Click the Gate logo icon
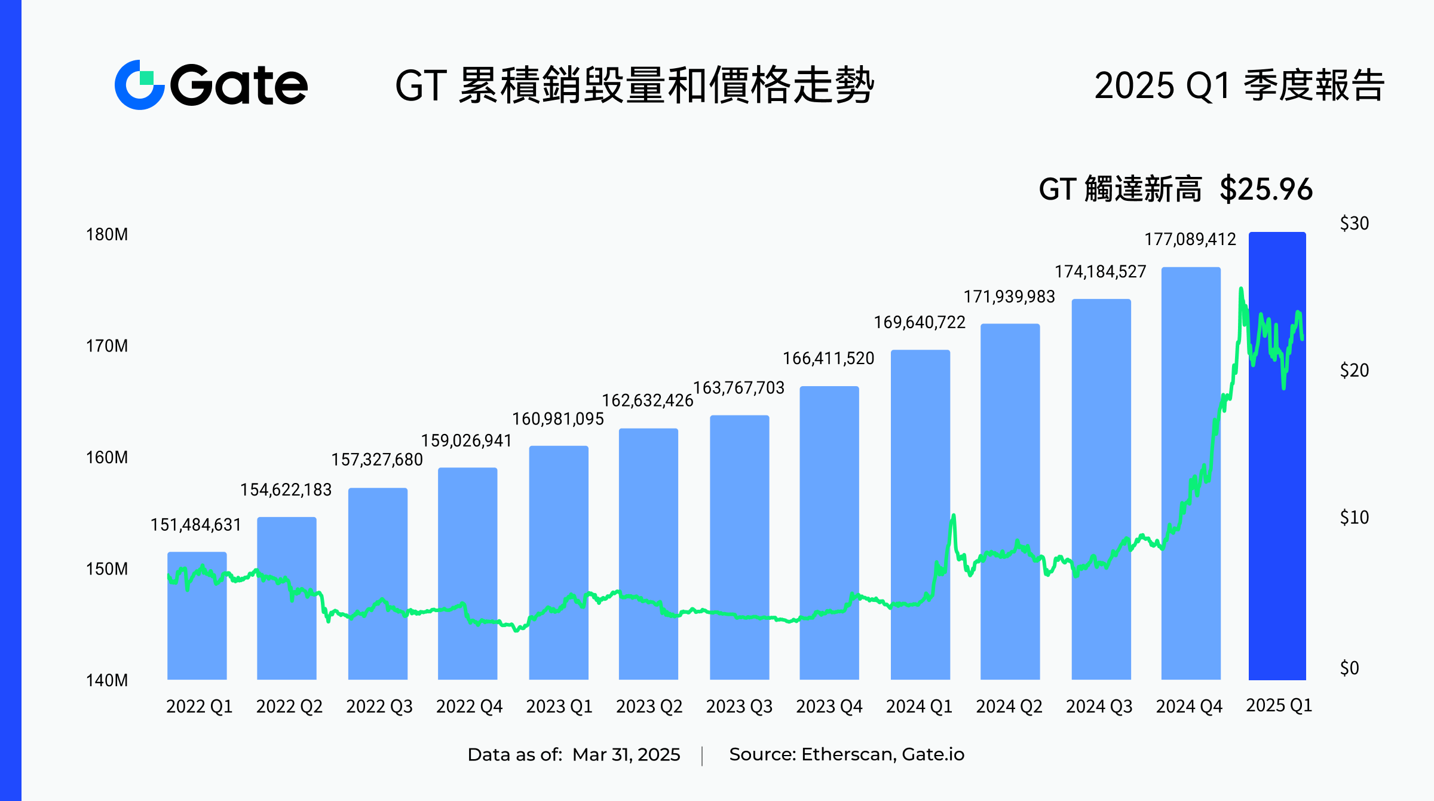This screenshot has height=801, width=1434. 139,85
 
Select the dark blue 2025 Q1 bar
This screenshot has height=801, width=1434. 1277,478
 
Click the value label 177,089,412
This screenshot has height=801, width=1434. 1190,240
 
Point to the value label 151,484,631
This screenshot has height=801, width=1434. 195,525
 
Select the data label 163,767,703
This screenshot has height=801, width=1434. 739,388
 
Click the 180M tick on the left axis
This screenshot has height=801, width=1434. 107,234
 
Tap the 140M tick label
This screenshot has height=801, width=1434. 107,680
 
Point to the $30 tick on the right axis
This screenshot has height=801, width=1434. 1354,224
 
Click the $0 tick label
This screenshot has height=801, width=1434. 1349,668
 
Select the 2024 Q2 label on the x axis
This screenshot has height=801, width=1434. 1009,707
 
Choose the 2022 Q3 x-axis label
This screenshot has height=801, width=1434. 379,707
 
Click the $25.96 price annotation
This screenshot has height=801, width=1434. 1266,189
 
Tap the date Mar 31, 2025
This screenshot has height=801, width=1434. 626,754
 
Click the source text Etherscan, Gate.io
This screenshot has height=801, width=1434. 883,754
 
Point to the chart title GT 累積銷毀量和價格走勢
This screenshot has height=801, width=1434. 635,85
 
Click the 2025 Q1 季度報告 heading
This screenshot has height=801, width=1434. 1239,85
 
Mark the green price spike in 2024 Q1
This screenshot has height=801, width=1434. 953,518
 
